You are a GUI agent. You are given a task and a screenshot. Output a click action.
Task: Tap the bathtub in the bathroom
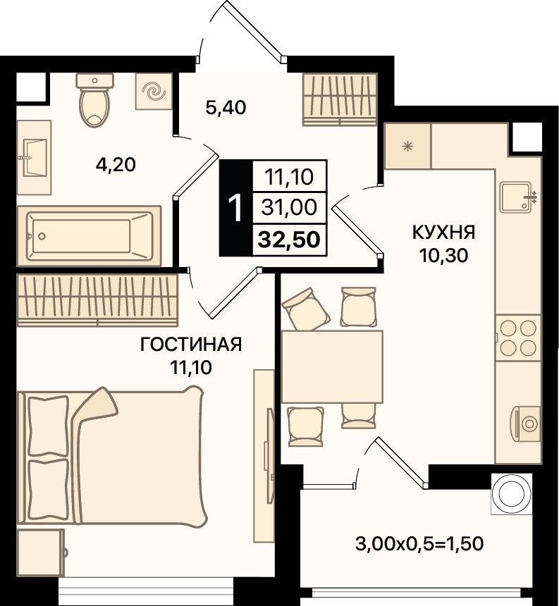pos(89,236)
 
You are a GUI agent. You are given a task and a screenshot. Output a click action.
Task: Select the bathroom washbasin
pos(34,157)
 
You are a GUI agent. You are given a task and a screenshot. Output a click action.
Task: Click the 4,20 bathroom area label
pos(116,165)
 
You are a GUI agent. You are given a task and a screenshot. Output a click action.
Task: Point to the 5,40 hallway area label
pos(226,107)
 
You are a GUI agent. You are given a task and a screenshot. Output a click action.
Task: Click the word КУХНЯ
pos(444,233)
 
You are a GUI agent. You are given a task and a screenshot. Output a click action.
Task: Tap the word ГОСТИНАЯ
pos(191,345)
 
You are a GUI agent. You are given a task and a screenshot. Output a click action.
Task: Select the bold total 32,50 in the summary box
pos(289,240)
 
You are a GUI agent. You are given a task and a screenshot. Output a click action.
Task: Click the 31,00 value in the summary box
pos(289,207)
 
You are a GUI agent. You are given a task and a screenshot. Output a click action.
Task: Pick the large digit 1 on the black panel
pos(235,208)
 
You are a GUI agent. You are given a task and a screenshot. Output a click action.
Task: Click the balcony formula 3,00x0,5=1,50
pos(419,544)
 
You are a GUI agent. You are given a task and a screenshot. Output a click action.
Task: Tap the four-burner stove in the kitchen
pos(518,338)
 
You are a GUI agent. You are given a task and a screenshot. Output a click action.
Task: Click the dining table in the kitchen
pos(332,366)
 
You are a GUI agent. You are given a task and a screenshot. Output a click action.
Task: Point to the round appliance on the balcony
pos(512,494)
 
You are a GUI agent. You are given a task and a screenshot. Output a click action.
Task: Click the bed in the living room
pos(112,457)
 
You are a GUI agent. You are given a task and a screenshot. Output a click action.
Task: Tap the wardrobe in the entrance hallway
pos(340,99)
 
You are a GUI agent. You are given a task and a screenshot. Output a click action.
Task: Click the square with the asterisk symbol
pos(407,146)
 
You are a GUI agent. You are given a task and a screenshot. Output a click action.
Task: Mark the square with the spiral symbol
pos(154,92)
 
